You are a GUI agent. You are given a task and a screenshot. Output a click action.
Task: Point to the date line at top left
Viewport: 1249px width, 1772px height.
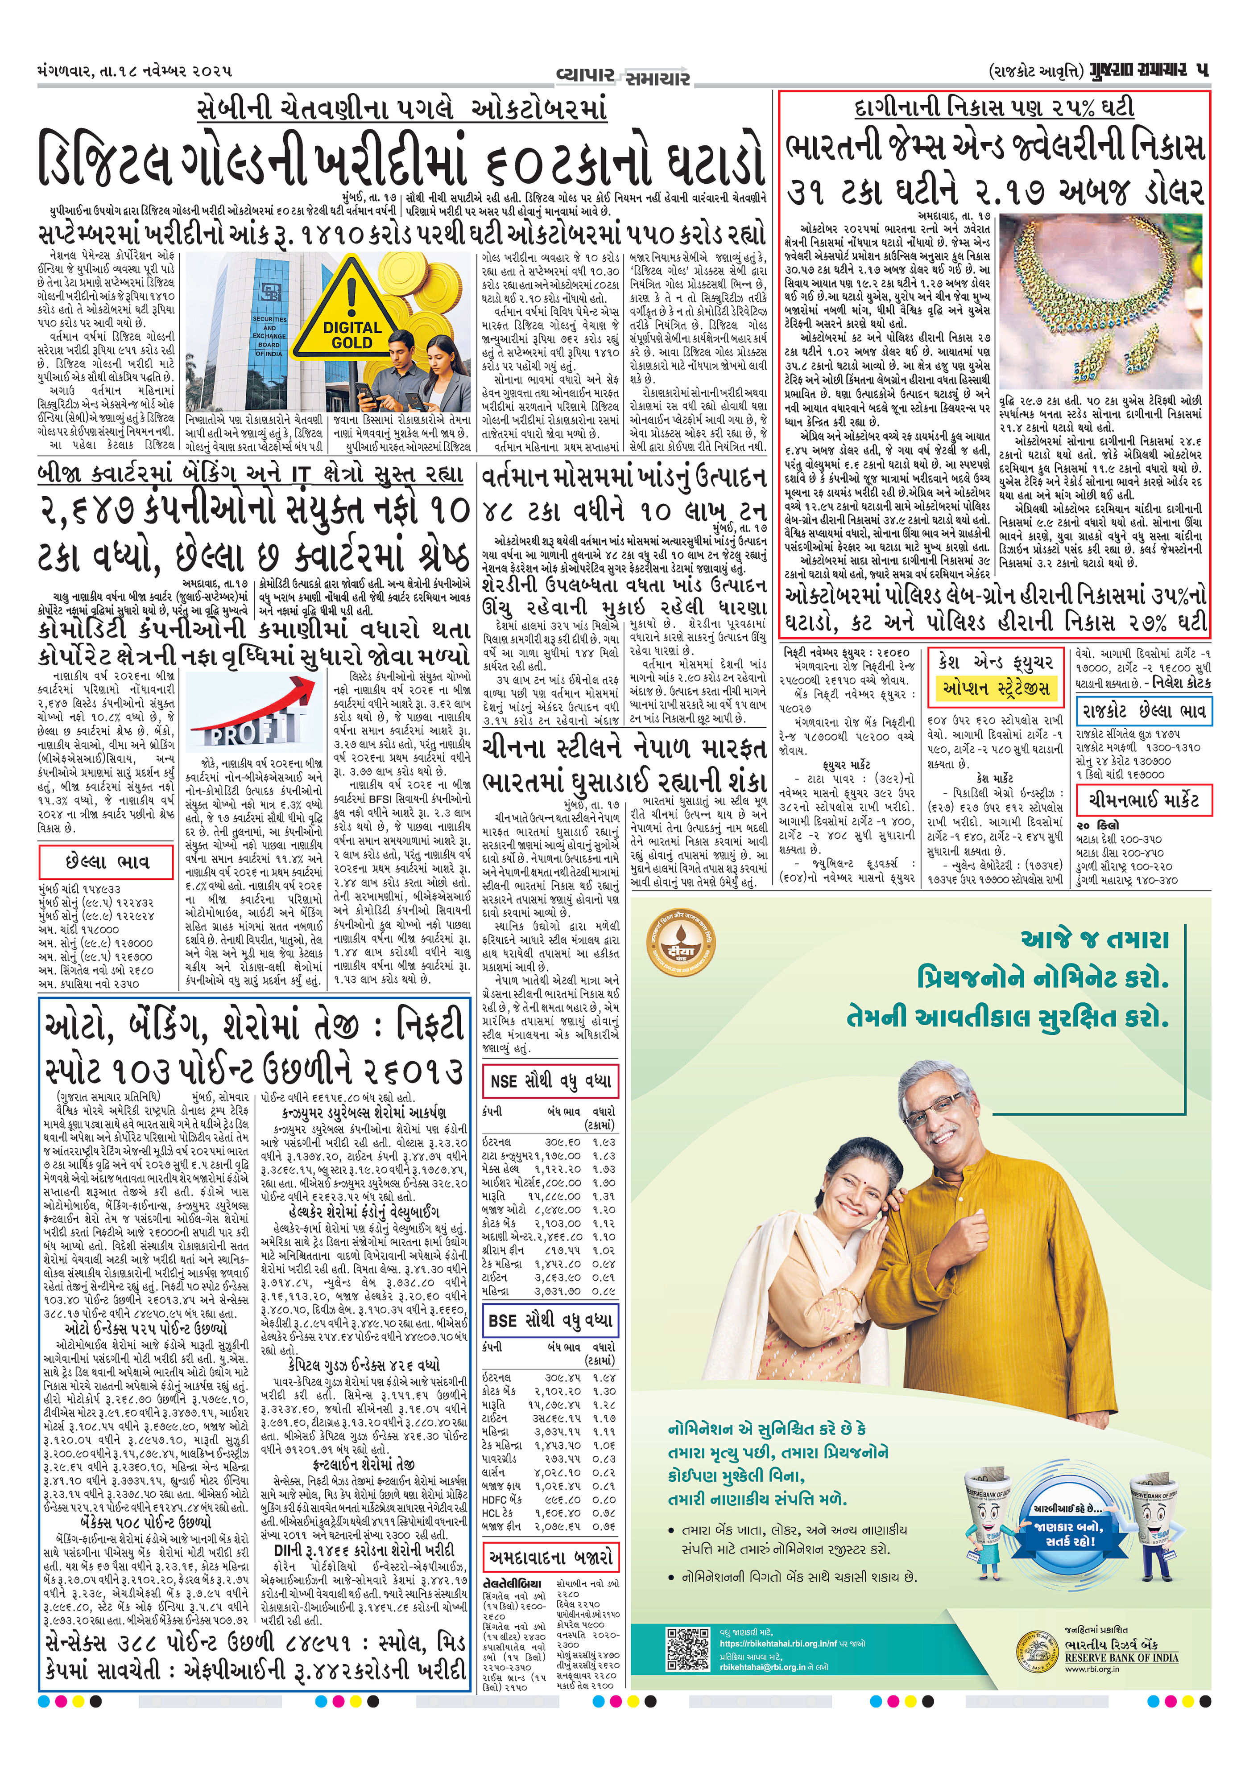(x=135, y=72)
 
